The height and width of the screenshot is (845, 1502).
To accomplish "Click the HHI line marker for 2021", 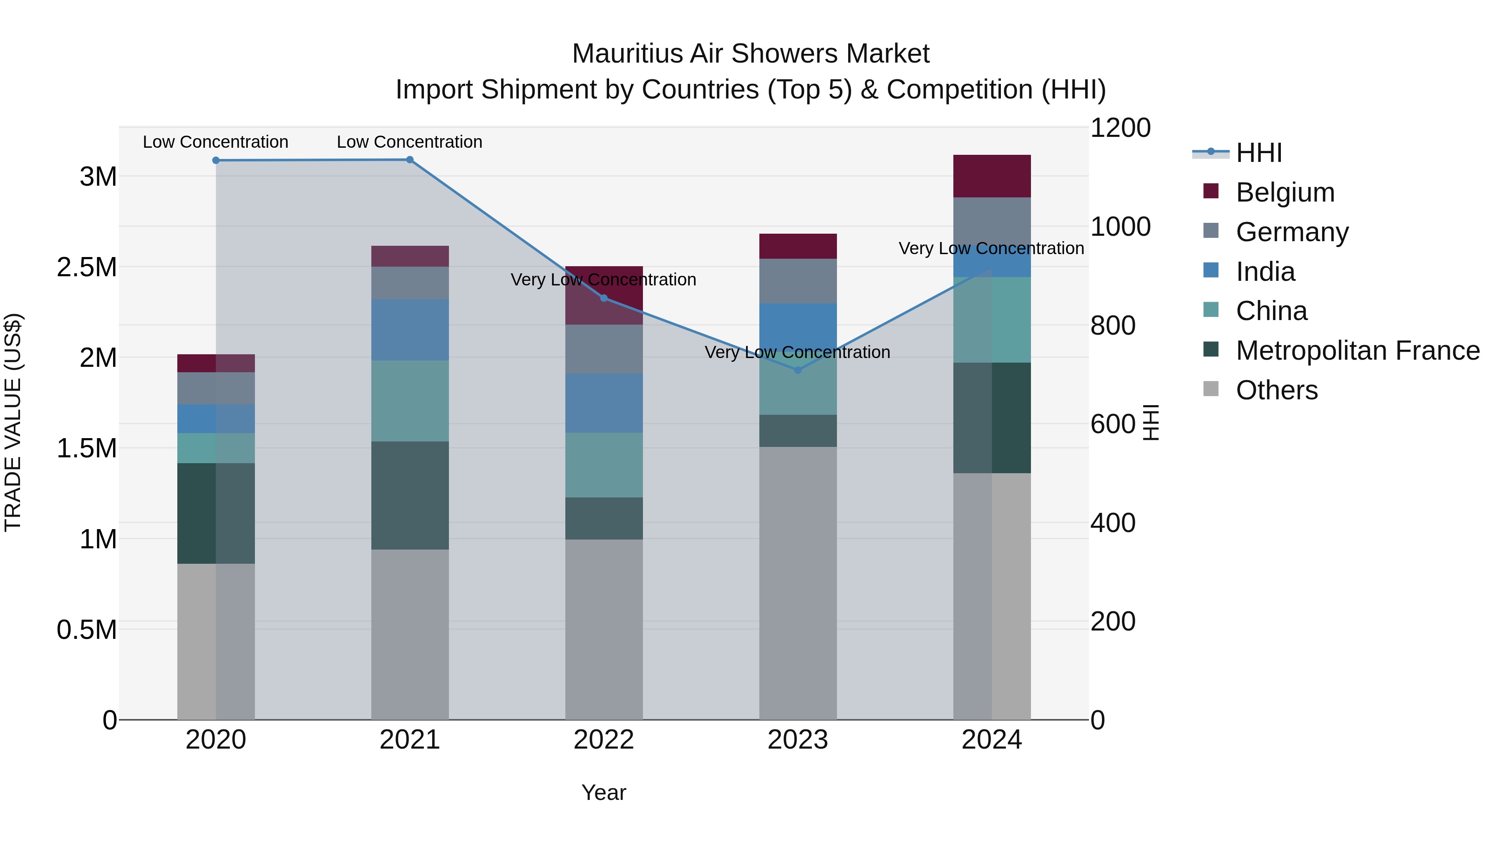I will [409, 160].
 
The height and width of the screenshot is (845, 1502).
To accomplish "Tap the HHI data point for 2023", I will [798, 370].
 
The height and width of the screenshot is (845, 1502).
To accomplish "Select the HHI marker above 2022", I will [604, 298].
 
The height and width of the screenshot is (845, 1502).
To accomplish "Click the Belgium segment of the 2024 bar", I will [991, 176].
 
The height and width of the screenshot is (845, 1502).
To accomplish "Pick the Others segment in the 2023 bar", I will [798, 583].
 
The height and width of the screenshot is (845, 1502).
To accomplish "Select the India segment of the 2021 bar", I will [409, 330].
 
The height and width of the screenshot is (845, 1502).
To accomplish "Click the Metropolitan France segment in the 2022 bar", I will [604, 518].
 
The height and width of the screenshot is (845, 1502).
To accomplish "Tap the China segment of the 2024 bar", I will [991, 320].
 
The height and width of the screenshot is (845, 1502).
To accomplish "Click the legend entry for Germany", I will [1291, 232].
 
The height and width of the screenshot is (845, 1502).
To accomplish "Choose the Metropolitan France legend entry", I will [1357, 351].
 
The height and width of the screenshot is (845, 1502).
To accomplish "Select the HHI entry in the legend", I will [1258, 153].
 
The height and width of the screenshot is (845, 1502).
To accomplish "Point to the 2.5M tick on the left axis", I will [86, 267].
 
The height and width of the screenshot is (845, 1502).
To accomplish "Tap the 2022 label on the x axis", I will [604, 740].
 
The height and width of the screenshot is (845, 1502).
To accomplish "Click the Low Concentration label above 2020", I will [215, 142].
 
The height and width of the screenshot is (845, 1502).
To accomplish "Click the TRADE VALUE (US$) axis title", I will [13, 422].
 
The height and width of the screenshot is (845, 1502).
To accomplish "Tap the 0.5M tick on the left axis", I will [86, 630].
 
